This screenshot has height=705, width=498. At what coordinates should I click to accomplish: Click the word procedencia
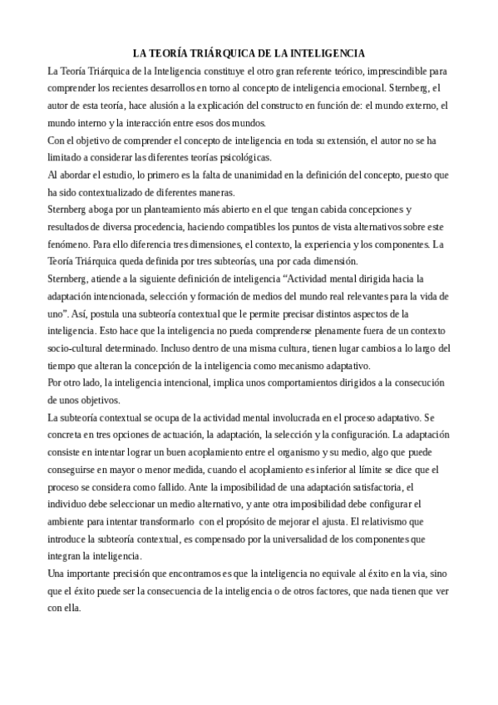coord(162,228)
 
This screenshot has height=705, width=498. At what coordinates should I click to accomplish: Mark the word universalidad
coord(301,540)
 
